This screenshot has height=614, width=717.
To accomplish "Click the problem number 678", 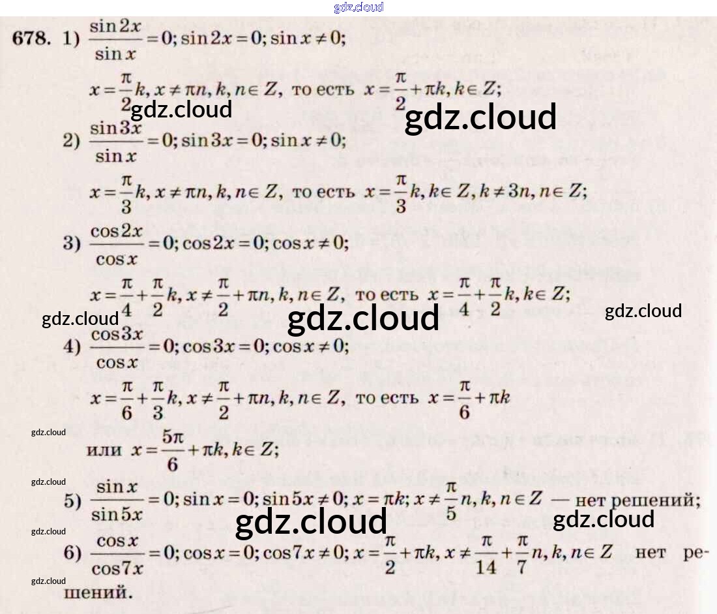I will pos(31,38).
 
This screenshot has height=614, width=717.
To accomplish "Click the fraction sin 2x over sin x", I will pos(115,40).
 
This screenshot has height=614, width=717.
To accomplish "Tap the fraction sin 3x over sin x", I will pos(115,142).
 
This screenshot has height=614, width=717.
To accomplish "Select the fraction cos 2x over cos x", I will pos(116,244).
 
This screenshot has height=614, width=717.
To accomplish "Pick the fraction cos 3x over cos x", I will pos(116,347).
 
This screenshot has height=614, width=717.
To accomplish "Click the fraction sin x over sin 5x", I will pos(117,500).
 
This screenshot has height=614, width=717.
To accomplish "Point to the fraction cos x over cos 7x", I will pos(117,555).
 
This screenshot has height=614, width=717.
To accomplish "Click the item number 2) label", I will pos(71,142).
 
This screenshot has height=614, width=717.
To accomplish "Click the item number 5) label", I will pos(72,501).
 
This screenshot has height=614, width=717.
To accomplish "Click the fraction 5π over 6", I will pos(172,450).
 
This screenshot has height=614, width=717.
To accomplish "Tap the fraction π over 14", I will pos(486,554).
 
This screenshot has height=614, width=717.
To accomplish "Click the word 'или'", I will pos(104,449).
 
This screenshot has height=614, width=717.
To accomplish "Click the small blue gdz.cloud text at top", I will pos(358,8).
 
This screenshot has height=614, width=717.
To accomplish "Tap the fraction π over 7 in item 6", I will pos(522,554).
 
